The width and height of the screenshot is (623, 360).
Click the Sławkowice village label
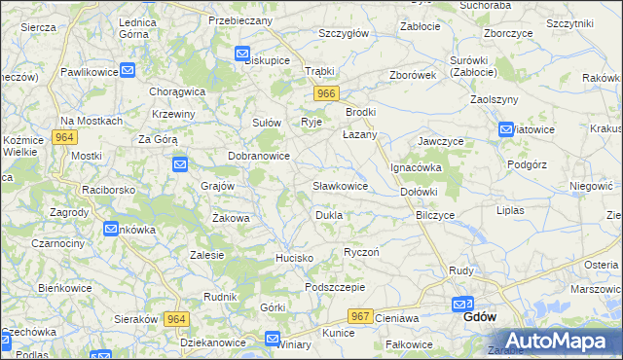point(340,185)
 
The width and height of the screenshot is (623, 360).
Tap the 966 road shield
point(326,93)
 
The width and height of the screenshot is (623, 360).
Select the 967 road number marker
point(360,316)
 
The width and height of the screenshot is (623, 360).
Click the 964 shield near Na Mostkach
point(65,137)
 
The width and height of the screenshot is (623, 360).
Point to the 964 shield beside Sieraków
point(175,318)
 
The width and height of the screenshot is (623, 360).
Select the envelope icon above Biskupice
point(242,54)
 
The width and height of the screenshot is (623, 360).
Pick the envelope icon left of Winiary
point(272,339)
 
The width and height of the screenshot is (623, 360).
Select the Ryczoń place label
point(360,252)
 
